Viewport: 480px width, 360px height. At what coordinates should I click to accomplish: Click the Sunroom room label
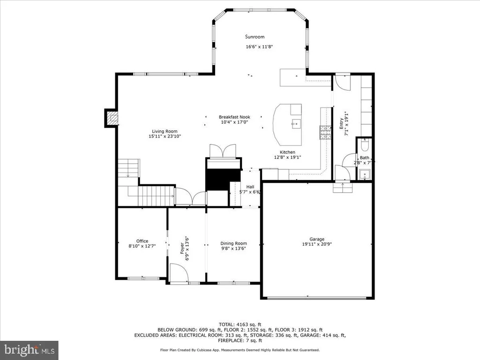pos(255,37)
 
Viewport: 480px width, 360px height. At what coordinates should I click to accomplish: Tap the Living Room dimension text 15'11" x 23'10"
pos(165,136)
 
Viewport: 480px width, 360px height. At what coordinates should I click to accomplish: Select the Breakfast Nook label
pos(234,117)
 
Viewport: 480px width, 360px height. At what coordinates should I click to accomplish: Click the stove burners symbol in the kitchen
pos(325,133)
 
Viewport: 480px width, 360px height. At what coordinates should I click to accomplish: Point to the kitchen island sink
pos(296,124)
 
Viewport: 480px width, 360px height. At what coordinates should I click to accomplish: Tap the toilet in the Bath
pos(365,145)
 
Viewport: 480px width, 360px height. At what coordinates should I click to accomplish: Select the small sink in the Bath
pos(365,175)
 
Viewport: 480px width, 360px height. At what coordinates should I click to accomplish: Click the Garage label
pos(317,239)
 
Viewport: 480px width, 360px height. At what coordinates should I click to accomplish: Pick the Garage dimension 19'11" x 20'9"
pos(317,244)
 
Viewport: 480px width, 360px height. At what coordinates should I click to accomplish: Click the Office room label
pos(142,241)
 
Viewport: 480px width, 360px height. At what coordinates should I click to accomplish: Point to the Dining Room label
pos(233,243)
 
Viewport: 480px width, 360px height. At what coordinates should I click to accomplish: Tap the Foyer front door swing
pos(179,272)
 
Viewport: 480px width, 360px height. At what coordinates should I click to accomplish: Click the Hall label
pos(250,187)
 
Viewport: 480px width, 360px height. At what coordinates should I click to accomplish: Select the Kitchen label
pos(287,152)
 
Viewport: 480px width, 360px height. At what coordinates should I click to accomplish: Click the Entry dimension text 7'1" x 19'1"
pos(347,123)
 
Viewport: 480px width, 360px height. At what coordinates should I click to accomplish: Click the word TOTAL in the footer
pos(226,324)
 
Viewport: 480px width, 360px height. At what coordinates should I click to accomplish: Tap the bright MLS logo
pos(30,350)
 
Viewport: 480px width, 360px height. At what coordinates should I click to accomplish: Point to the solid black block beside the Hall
pos(223,180)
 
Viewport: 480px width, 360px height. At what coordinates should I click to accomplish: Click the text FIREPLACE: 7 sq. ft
pos(240,340)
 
